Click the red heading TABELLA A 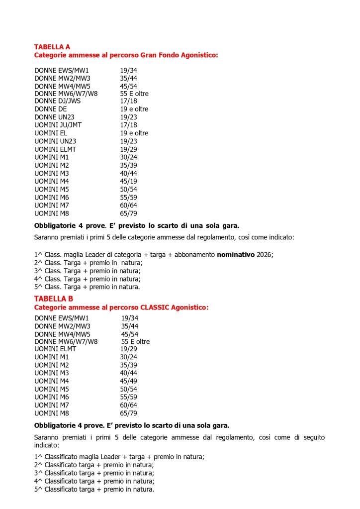click(52, 47)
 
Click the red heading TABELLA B click(53, 299)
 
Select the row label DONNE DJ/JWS click(57, 101)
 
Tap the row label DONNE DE click(50, 109)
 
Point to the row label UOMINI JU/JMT click(58, 125)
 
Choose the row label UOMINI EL click(50, 133)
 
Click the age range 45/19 click(128, 181)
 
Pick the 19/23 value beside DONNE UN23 click(128, 117)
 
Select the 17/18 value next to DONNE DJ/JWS click(128, 101)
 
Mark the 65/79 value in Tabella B click(128, 413)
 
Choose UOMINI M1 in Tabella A click(51, 157)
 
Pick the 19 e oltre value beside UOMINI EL click(134, 133)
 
